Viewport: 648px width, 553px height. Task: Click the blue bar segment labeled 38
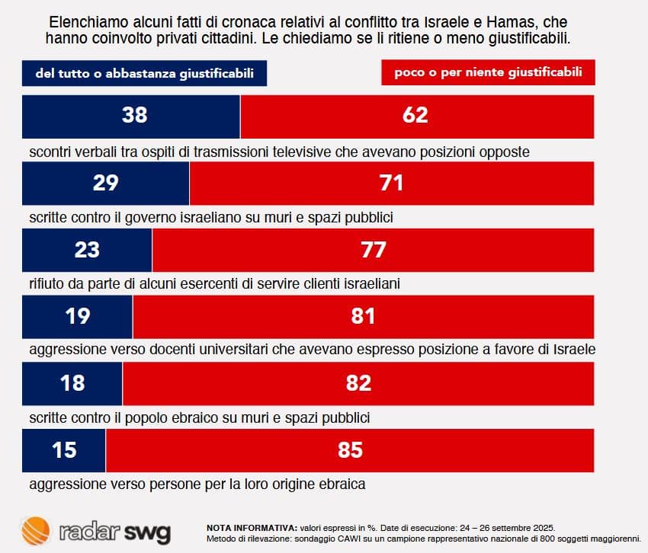pyautogui.click(x=131, y=116)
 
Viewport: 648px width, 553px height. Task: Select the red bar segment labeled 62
pyautogui.click(x=417, y=116)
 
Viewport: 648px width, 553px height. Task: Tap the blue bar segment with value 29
pyautogui.click(x=106, y=183)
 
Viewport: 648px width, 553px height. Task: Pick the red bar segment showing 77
pyautogui.click(x=373, y=250)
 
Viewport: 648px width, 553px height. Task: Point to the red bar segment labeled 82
pyautogui.click(x=358, y=383)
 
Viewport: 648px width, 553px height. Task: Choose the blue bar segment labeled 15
pyautogui.click(x=64, y=450)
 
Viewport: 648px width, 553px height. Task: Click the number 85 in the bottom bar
pyautogui.click(x=350, y=450)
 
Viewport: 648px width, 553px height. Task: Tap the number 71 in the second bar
pyautogui.click(x=391, y=183)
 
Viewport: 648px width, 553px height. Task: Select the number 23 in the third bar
pyautogui.click(x=87, y=250)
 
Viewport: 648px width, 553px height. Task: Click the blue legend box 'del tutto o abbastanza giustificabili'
pyautogui.click(x=145, y=74)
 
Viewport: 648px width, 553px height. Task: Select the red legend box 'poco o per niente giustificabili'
pyautogui.click(x=488, y=73)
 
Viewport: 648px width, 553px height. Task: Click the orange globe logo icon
pyautogui.click(x=36, y=530)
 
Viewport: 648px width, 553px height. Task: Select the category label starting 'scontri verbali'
pyautogui.click(x=279, y=151)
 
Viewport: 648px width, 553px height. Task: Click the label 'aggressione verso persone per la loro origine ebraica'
pyautogui.click(x=197, y=483)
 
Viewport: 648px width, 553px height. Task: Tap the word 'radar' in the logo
pyautogui.click(x=88, y=531)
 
